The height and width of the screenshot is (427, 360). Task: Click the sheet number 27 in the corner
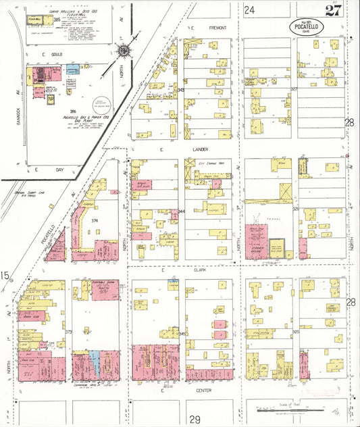click(x=332, y=9)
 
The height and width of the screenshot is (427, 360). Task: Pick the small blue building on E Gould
click(x=76, y=68)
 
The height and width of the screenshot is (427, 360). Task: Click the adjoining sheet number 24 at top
click(x=249, y=9)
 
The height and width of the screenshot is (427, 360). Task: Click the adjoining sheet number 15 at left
click(x=5, y=275)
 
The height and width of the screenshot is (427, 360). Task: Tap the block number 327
click(x=294, y=89)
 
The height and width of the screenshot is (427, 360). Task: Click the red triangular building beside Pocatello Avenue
click(x=58, y=247)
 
